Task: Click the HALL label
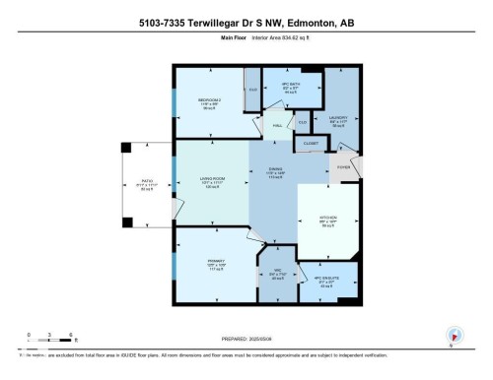pyautogui.click(x=278, y=125)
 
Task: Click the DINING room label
pyautogui.click(x=275, y=169)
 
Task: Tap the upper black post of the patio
pyautogui.click(x=124, y=149)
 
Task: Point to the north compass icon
pyautogui.click(x=454, y=336)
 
